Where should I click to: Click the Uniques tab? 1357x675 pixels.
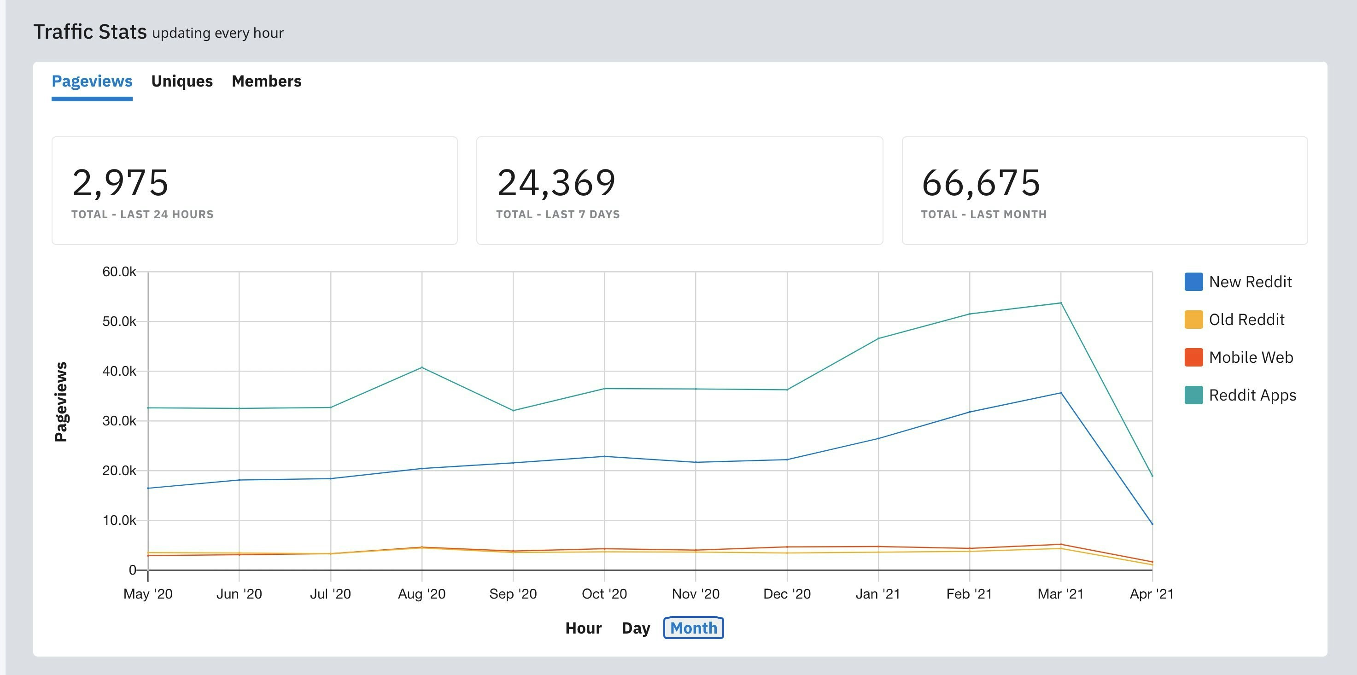pyautogui.click(x=182, y=81)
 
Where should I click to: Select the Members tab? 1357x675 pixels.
pyautogui.click(x=266, y=81)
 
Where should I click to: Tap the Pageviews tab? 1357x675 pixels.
pyautogui.click(x=92, y=81)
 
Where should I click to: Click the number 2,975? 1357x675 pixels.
pyautogui.click(x=120, y=183)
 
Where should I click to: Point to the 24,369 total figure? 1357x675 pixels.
pyautogui.click(x=556, y=183)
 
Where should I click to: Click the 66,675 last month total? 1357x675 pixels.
pyautogui.click(x=980, y=183)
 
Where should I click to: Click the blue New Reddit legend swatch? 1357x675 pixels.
pyautogui.click(x=1193, y=282)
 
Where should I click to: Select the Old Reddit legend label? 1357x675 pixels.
pyautogui.click(x=1246, y=320)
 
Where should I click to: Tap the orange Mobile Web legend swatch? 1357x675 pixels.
pyautogui.click(x=1193, y=357)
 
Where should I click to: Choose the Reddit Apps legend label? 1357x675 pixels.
pyautogui.click(x=1252, y=395)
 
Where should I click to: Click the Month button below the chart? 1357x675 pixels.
pyautogui.click(x=693, y=628)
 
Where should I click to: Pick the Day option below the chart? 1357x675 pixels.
pyautogui.click(x=635, y=628)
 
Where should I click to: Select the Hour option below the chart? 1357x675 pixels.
pyautogui.click(x=583, y=628)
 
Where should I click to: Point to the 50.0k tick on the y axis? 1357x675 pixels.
pyautogui.click(x=119, y=321)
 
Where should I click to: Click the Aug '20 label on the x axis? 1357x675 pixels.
pyautogui.click(x=421, y=594)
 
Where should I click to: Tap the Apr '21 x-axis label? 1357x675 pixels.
pyautogui.click(x=1152, y=594)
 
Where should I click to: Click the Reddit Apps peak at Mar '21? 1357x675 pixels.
pyautogui.click(x=1060, y=303)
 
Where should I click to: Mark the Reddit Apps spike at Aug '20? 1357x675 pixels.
pyautogui.click(x=421, y=367)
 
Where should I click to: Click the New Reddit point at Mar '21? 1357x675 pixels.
pyautogui.click(x=1060, y=393)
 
